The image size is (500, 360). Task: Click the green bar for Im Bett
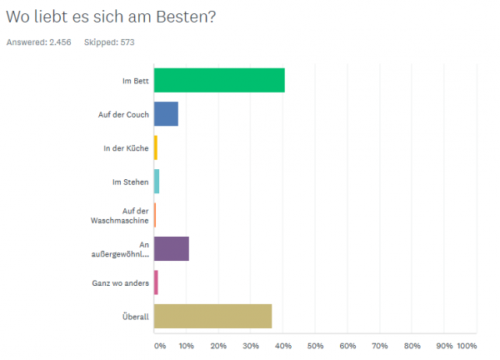[219, 80]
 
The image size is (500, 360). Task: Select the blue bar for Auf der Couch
[166, 113]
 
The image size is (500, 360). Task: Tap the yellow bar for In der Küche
[156, 147]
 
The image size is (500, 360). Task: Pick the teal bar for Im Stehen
[157, 181]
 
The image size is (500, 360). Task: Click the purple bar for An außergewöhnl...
[172, 249]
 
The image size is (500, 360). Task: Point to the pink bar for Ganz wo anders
[156, 282]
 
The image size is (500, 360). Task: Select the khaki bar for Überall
[212, 317]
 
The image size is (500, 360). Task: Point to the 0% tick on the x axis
[158, 345]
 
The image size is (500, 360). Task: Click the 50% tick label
[315, 345]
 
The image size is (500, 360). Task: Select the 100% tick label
[467, 345]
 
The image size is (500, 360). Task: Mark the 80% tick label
[412, 345]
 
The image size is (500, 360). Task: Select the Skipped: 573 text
[109, 42]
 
